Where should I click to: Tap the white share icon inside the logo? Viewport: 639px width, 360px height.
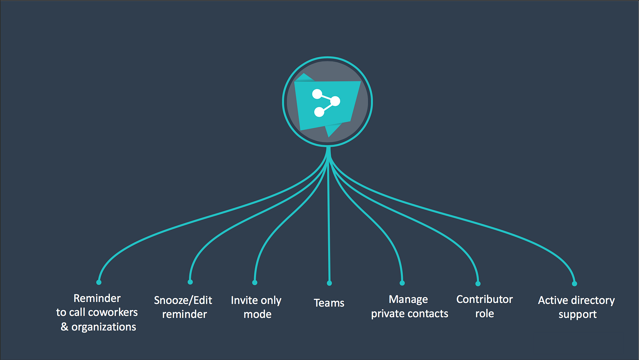click(325, 103)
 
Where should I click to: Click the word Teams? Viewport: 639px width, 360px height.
click(329, 303)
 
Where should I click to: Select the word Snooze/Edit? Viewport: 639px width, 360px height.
click(183, 300)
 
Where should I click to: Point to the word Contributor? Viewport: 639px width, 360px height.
click(484, 299)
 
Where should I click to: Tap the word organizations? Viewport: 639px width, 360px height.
click(103, 327)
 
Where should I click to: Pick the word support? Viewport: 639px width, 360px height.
click(577, 314)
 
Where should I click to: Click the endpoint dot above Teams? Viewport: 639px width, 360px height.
click(329, 283)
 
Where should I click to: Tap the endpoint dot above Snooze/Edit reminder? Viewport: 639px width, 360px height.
click(190, 282)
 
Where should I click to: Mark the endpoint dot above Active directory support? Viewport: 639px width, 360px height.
click(574, 284)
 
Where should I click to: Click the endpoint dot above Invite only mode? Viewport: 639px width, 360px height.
click(254, 282)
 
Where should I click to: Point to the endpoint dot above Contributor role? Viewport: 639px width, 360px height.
click(478, 284)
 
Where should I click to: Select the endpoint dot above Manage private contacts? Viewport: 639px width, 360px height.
click(402, 283)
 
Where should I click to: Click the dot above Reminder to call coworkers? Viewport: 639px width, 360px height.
click(99, 282)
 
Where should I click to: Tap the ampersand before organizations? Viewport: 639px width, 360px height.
click(64, 327)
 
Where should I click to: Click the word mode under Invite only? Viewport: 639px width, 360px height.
click(257, 314)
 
